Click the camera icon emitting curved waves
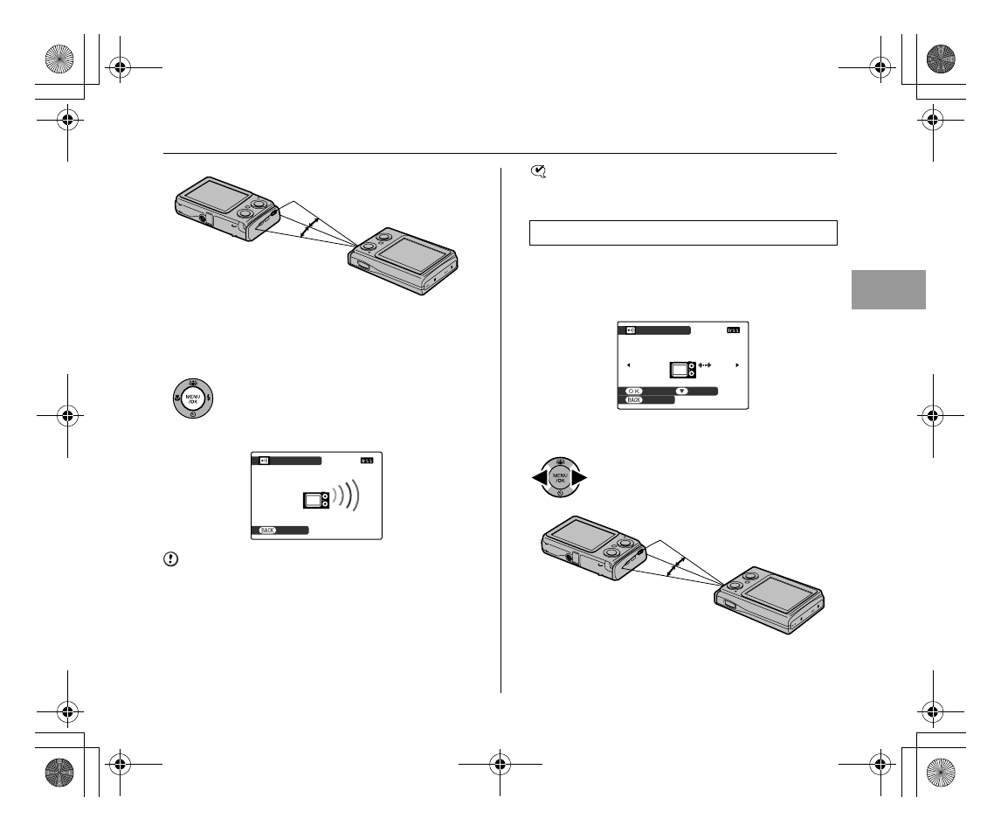315,500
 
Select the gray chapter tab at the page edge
887,289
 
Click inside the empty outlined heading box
684,233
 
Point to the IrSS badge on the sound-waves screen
366,461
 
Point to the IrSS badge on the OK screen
734,330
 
